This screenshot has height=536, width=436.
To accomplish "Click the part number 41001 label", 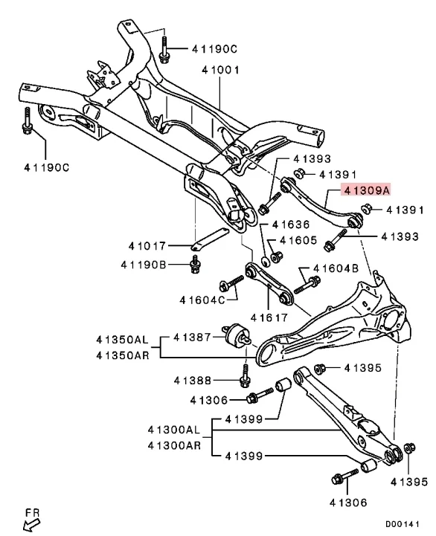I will point(219,71).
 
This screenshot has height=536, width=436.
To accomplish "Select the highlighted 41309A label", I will point(365,191).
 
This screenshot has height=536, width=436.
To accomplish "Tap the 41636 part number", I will point(292,224).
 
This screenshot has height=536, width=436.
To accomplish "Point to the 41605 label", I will point(299,241).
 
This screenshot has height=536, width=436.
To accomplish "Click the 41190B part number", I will point(146,265).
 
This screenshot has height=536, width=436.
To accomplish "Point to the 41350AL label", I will point(122,339).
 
